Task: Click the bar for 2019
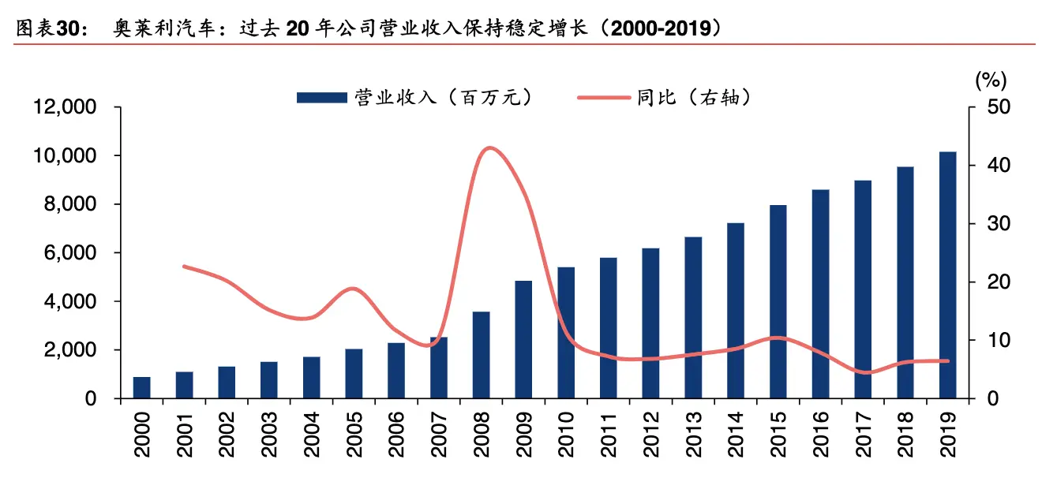[x=947, y=275]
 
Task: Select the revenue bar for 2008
[x=482, y=355]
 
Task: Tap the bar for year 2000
[x=141, y=387]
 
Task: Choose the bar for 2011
[x=608, y=327]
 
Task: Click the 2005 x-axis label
[x=354, y=435]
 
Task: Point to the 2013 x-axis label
[x=694, y=435]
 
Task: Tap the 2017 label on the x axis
[x=864, y=435]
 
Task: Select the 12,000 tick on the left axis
[x=65, y=108]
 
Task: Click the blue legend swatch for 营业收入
[x=321, y=97]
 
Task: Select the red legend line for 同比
[x=604, y=97]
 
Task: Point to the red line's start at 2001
[x=184, y=267]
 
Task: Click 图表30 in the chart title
[x=47, y=29]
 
